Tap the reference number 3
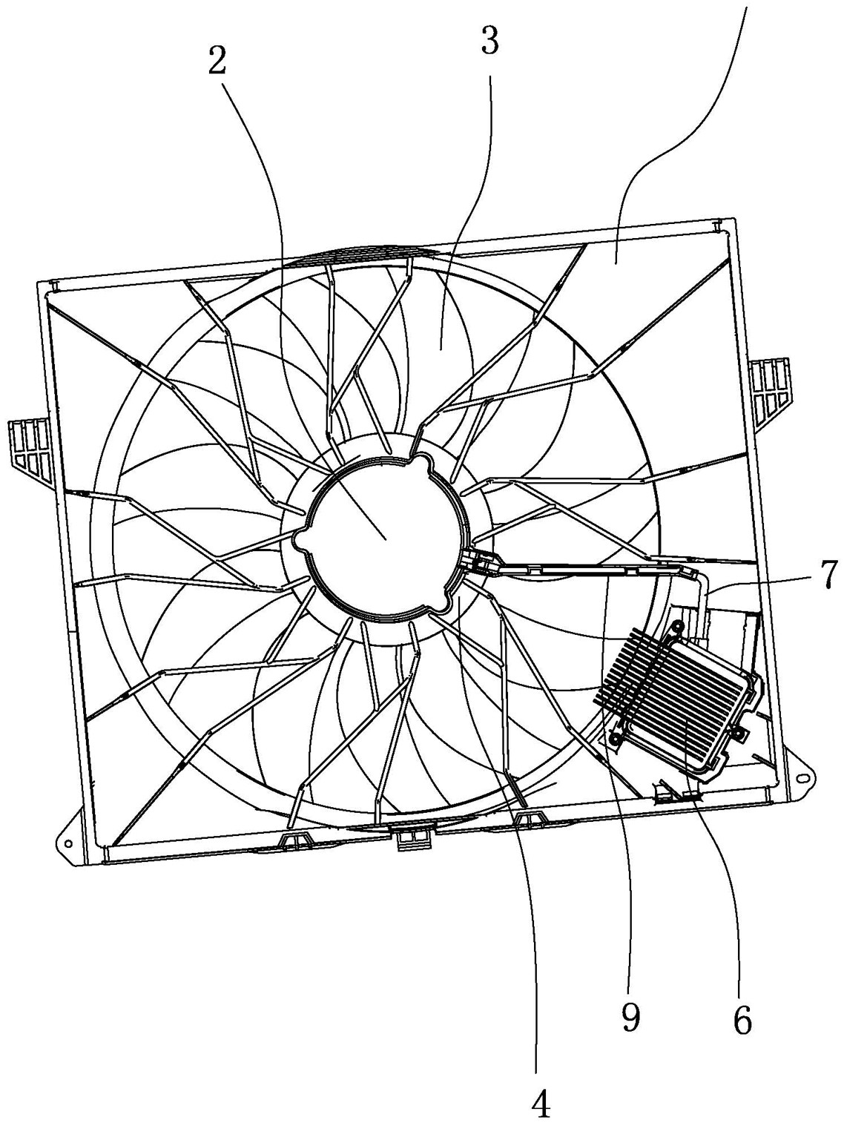coord(489,39)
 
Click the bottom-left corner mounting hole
coord(67,843)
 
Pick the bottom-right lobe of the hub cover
coord(439,603)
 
